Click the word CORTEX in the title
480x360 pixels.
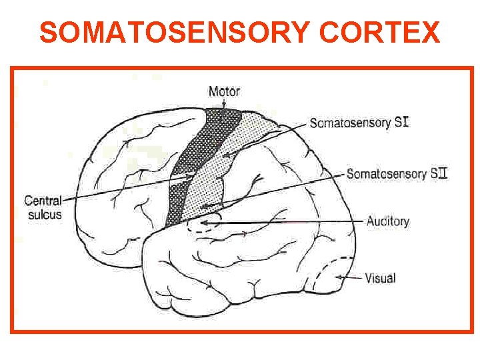click(381, 31)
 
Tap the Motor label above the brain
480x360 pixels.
click(224, 91)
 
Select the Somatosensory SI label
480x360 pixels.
click(359, 123)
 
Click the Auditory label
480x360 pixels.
click(388, 221)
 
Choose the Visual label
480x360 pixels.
click(381, 278)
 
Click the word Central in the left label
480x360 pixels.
click(43, 200)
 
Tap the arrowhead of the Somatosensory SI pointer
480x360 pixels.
click(225, 155)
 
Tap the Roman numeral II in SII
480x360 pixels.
click(441, 174)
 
